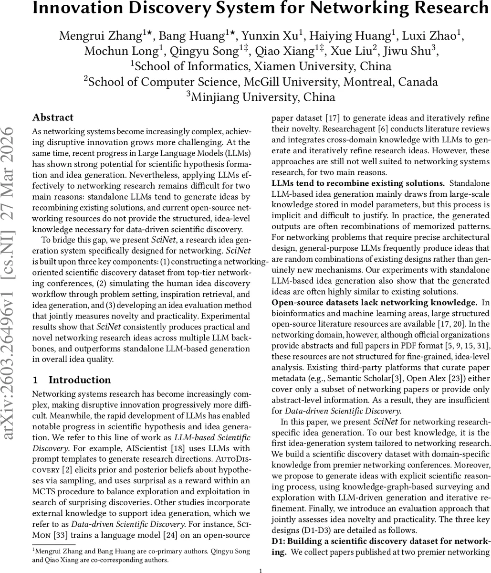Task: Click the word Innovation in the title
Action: [x=76, y=8]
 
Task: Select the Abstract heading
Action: [x=52, y=117]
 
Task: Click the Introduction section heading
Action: [x=79, y=380]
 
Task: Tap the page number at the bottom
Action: [x=261, y=570]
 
